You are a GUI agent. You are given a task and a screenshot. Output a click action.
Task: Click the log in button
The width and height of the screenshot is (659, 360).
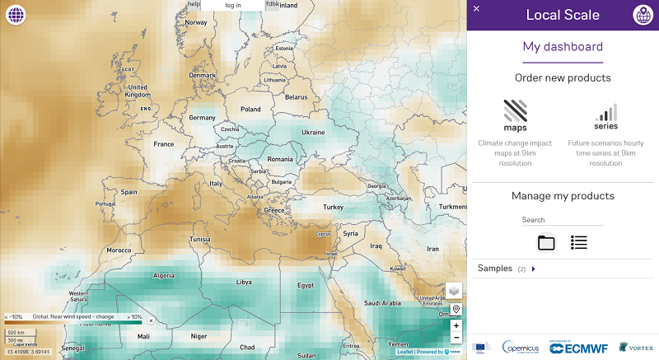click(x=233, y=5)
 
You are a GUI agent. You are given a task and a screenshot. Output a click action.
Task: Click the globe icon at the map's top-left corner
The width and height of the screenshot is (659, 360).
click(x=15, y=15)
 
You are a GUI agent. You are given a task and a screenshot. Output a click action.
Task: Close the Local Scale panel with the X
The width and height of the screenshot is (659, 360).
click(x=476, y=8)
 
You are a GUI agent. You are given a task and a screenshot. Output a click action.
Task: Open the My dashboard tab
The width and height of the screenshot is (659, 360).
click(x=563, y=47)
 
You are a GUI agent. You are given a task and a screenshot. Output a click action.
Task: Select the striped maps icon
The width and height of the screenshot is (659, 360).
click(x=515, y=111)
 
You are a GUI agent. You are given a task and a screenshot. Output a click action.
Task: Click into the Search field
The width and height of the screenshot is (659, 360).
click(x=562, y=220)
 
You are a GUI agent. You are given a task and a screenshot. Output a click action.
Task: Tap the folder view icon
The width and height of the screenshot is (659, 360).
click(x=546, y=242)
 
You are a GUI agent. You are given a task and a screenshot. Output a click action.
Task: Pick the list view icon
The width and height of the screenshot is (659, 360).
click(x=579, y=242)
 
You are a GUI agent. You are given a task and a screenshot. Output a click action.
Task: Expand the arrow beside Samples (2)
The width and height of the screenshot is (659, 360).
click(x=533, y=269)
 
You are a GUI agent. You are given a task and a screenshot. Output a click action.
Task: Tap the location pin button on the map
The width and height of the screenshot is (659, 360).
click(x=456, y=310)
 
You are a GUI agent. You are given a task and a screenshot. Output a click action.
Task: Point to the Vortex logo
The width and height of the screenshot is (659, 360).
click(x=635, y=348)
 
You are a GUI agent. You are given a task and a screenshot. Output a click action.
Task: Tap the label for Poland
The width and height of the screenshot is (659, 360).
click(x=250, y=109)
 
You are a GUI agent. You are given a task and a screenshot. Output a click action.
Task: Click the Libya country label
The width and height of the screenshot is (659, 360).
click(x=244, y=282)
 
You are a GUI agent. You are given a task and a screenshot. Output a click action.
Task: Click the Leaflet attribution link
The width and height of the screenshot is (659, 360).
click(x=405, y=352)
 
